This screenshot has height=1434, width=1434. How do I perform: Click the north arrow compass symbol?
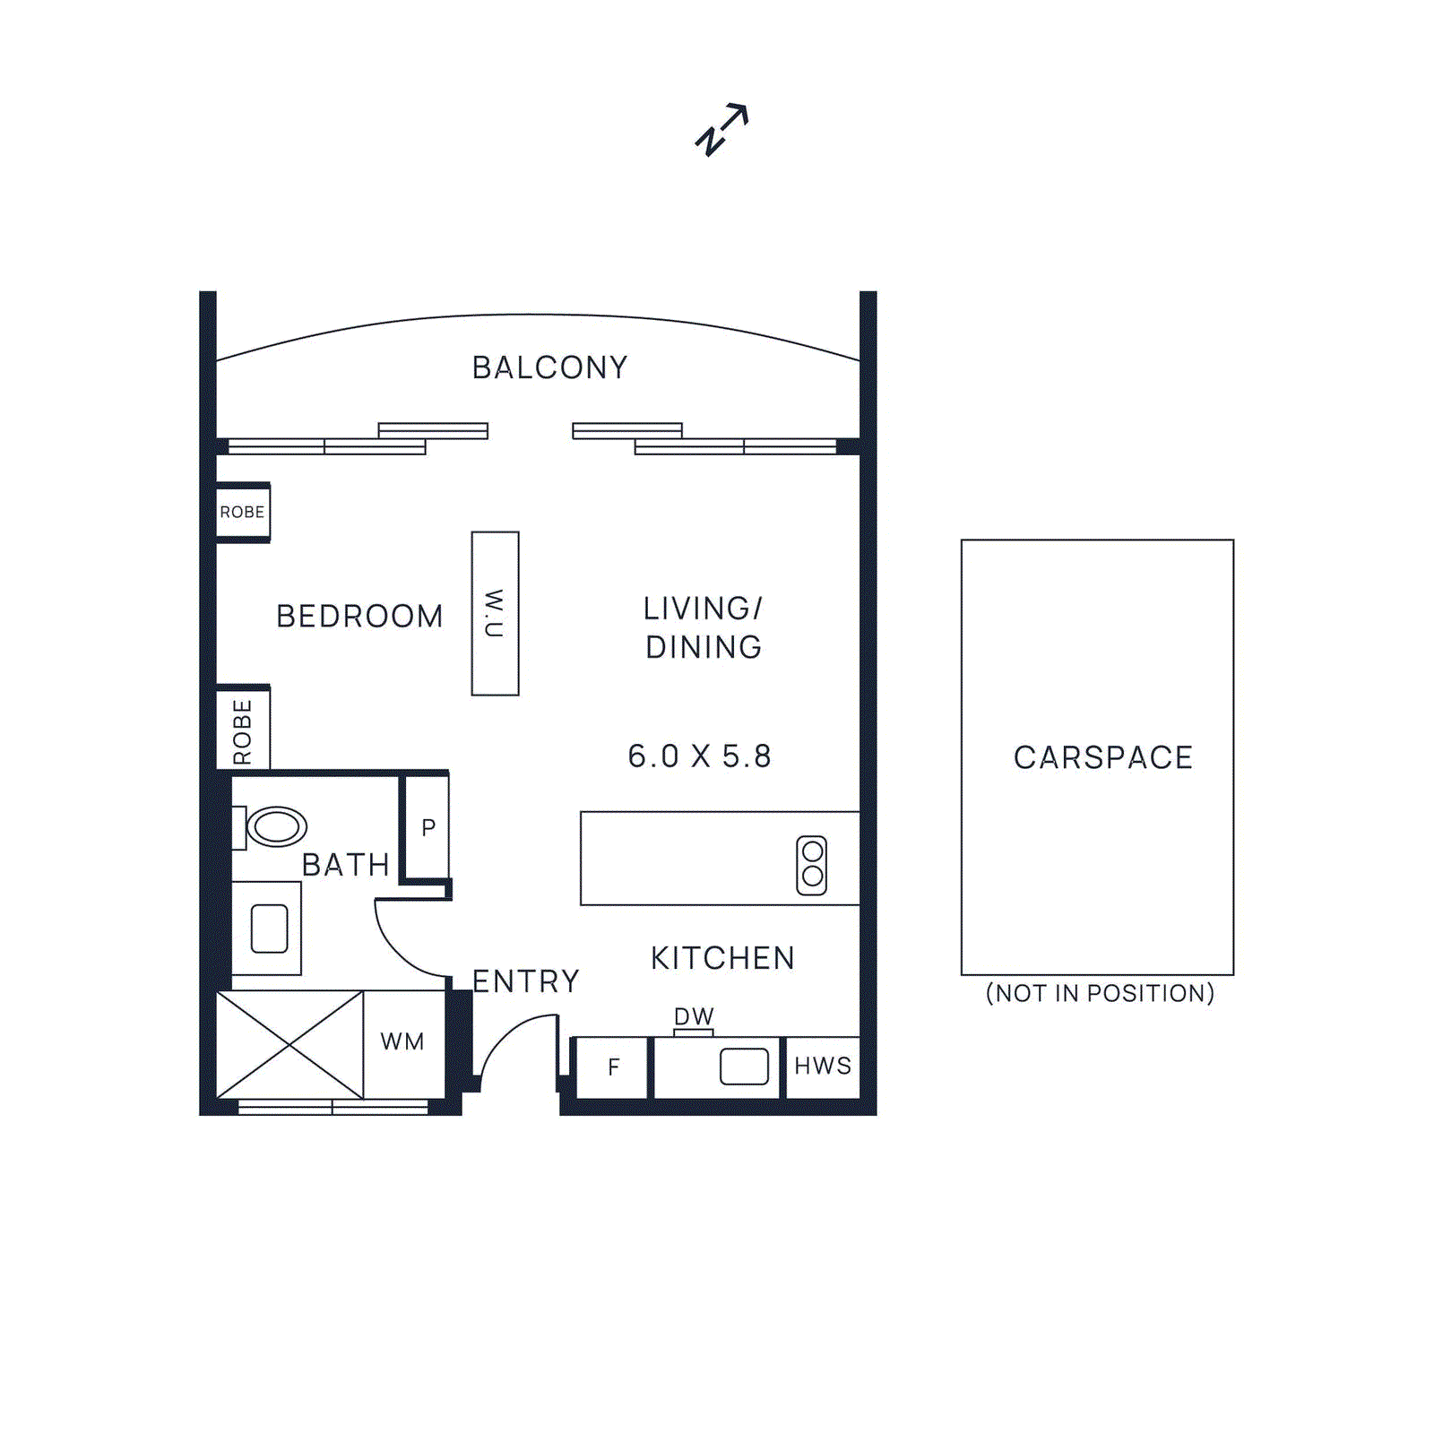(722, 130)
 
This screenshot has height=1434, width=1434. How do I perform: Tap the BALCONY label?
(549, 367)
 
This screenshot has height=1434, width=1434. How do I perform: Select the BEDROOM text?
(359, 617)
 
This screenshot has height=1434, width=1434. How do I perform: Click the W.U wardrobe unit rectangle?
(495, 613)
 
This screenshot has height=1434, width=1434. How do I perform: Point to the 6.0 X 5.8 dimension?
(699, 756)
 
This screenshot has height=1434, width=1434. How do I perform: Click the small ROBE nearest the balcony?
(242, 512)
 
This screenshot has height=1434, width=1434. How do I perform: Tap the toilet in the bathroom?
(274, 826)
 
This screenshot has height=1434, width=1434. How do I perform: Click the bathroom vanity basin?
(269, 929)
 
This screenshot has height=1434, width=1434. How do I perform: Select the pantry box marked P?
(428, 827)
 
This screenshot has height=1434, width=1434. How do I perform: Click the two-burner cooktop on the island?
(812, 865)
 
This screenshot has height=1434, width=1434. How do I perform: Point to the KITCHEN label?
(722, 958)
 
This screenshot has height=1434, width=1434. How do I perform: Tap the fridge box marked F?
(613, 1067)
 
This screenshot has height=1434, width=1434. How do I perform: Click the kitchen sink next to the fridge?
(744, 1067)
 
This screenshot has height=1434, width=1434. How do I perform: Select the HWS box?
(823, 1067)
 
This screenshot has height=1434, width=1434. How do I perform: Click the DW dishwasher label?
(694, 1016)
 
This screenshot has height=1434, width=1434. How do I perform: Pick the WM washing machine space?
(402, 1042)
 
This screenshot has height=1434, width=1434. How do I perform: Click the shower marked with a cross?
(289, 1044)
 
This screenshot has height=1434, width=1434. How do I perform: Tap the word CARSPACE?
(1102, 757)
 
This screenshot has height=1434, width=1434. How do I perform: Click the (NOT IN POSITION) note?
(1100, 993)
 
